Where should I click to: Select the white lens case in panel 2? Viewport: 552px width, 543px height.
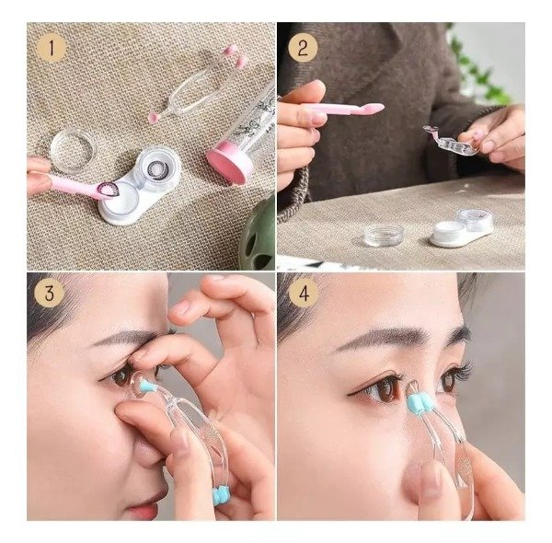pyautogui.click(x=462, y=228)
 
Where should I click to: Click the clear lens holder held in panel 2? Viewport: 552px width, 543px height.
pyautogui.click(x=450, y=141)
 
